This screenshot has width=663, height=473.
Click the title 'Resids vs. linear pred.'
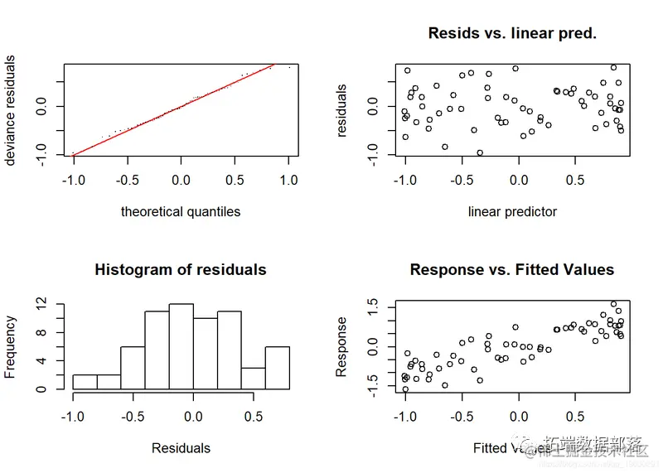512,34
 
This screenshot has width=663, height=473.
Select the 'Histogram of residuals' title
181,269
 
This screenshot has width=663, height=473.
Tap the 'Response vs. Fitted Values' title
512,269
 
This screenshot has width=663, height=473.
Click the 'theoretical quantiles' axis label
181,211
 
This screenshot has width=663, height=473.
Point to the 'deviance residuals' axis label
11,110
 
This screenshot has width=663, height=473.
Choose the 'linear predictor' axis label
512,211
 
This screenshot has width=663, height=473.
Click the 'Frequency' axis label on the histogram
11,346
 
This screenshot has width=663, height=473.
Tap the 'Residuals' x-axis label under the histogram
181,448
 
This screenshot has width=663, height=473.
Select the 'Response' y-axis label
341,346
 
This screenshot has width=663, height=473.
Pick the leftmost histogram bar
85,382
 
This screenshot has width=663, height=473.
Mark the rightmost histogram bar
277,368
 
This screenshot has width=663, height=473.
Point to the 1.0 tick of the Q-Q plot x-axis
289,179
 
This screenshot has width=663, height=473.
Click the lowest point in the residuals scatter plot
479,152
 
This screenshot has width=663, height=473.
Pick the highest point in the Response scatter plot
613,304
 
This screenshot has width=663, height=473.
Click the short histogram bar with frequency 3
253,378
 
